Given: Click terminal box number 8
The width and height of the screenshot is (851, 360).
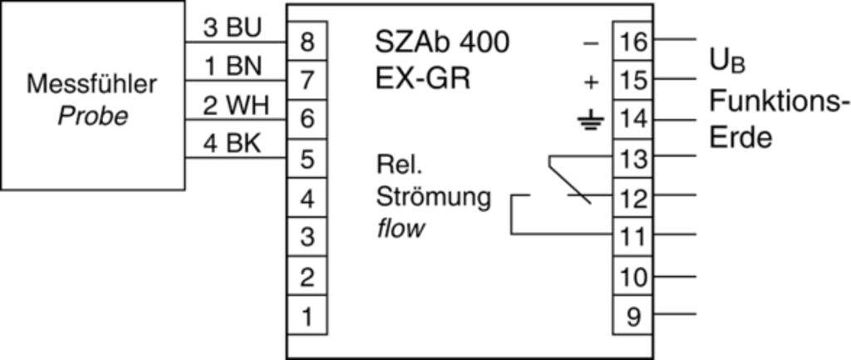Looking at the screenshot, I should pos(307,42).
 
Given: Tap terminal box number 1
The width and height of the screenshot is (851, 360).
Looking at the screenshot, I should pos(307,317).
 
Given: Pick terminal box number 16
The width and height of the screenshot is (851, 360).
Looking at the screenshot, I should pos(633,42).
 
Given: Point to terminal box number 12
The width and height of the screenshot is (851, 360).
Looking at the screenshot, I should pos(633,198).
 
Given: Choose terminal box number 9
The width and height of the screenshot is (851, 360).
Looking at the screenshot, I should pos(633,317).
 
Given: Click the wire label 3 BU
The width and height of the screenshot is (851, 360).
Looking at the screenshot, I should pos(233,27).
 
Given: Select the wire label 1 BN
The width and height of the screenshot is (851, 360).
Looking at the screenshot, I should pos(233,67).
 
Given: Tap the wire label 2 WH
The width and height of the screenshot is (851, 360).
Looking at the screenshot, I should pos(234,106).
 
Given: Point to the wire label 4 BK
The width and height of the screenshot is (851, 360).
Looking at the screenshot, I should pos(233,145).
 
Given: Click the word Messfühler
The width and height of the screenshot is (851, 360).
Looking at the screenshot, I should pos(91,85).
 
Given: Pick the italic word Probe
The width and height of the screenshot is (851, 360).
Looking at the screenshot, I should pos(92,116).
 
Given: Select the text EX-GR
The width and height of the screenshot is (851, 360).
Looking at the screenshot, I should pos(423,80).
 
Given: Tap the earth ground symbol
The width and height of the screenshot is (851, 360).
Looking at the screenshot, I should pos(588,122).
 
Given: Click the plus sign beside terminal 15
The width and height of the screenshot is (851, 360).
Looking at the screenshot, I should pos(591,81).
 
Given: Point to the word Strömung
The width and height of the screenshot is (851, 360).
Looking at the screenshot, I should pos(434,198).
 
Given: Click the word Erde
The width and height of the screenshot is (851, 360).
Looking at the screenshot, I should pos(740,138).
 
